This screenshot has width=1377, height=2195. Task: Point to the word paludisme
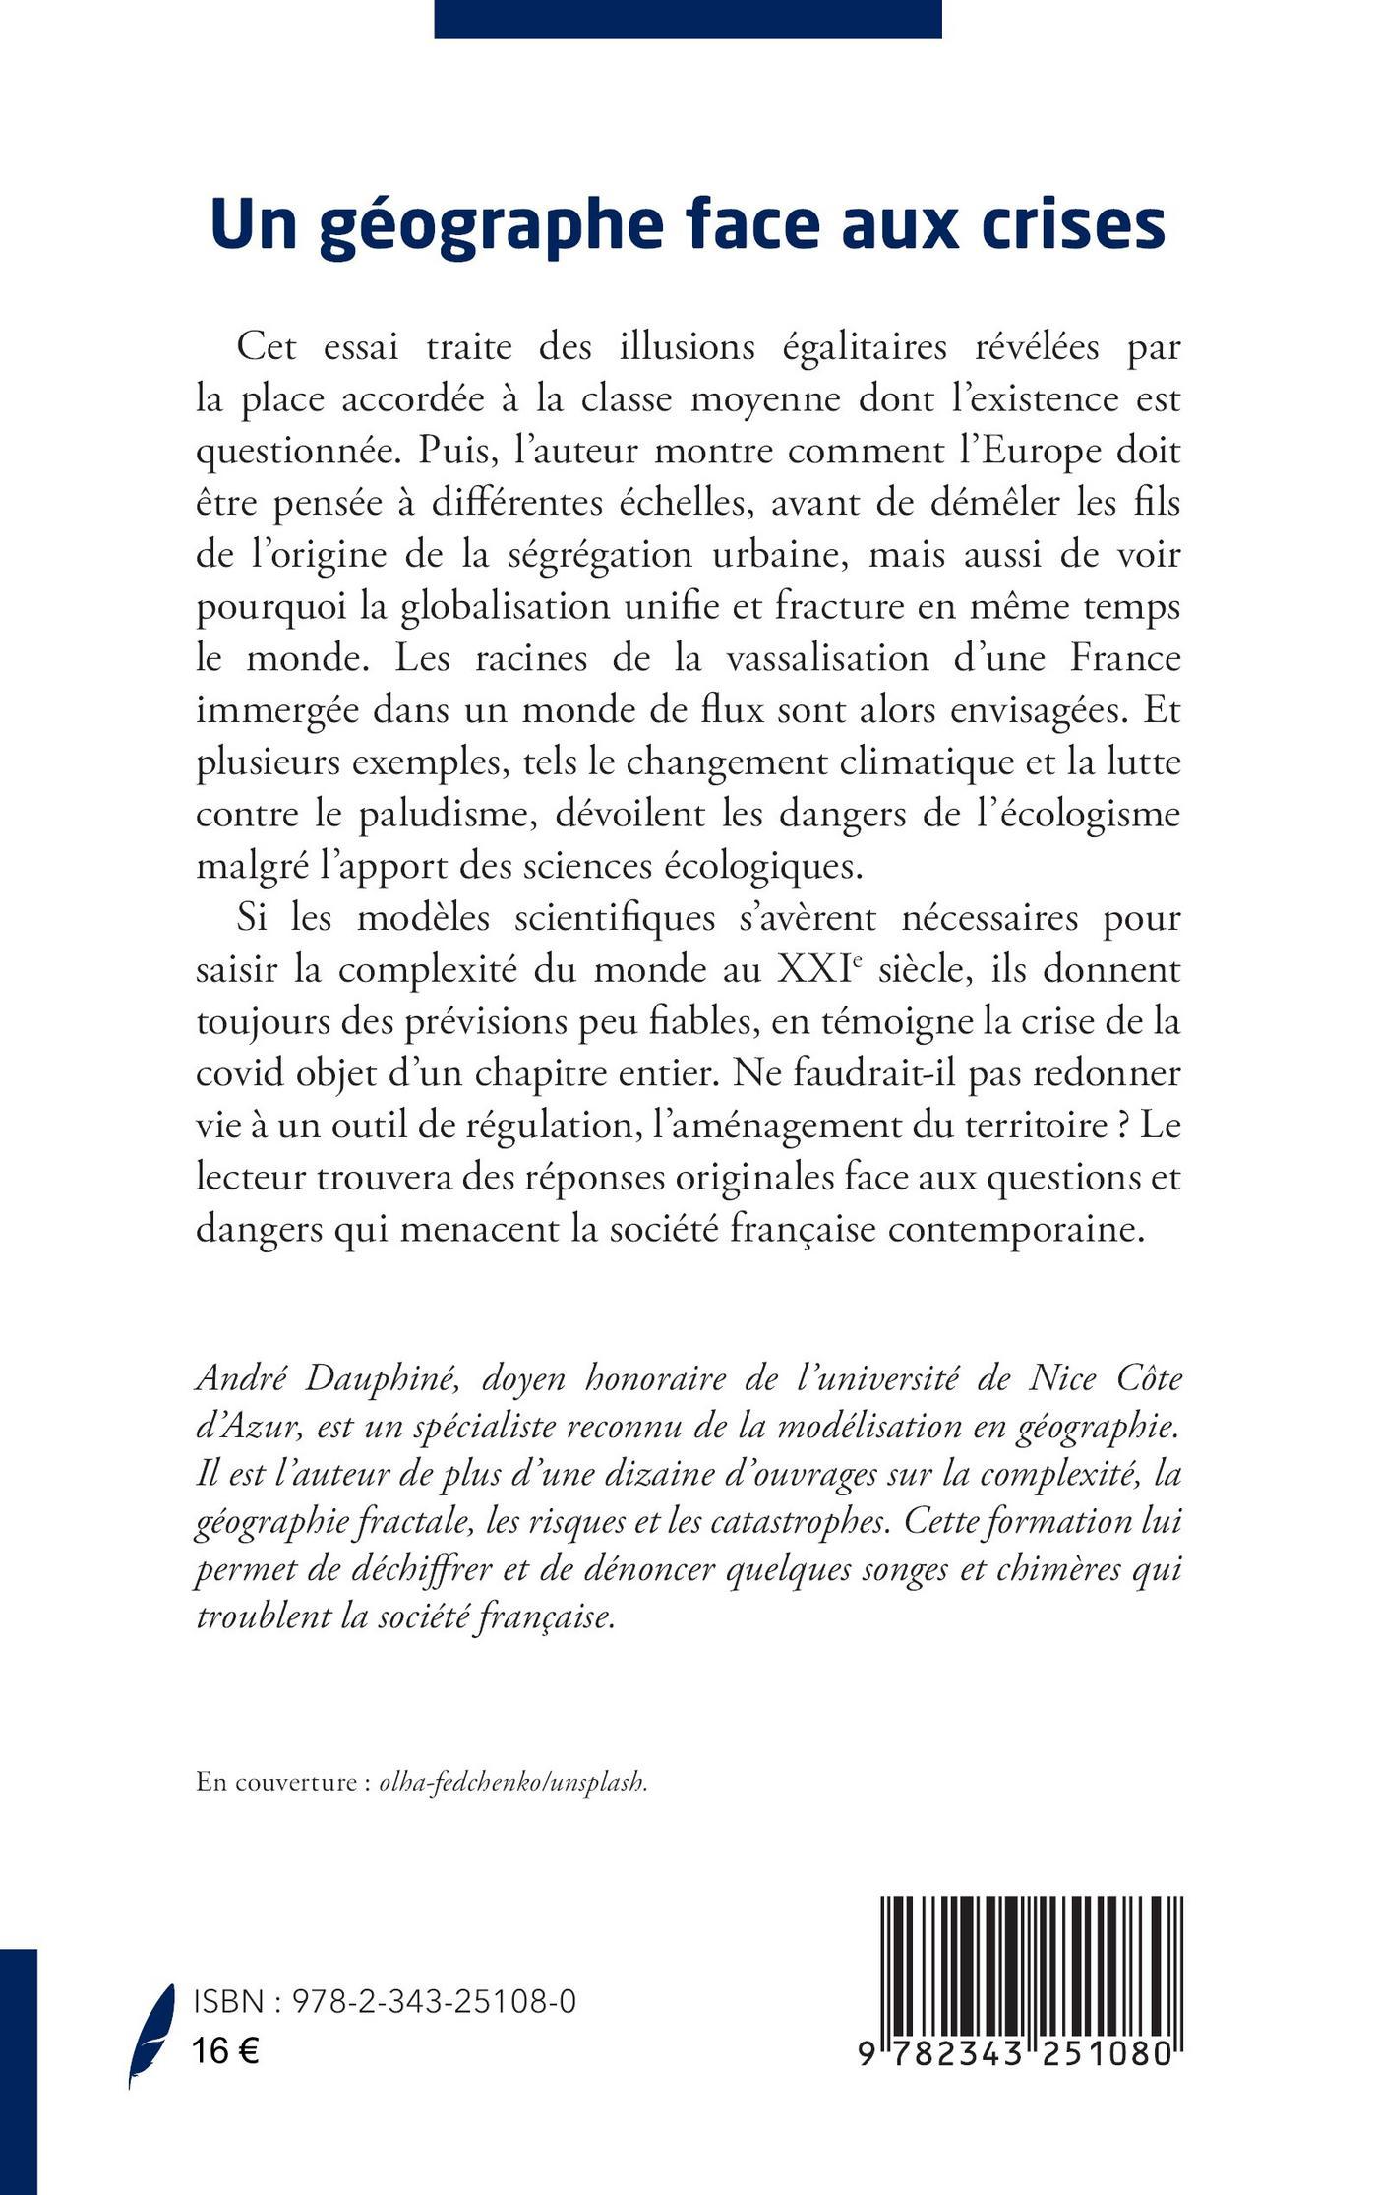[x=435, y=816]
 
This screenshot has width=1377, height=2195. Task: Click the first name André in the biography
[x=237, y=1379]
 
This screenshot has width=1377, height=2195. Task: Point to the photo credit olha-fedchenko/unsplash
[x=513, y=1782]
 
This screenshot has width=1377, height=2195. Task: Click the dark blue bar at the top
[x=688, y=19]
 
